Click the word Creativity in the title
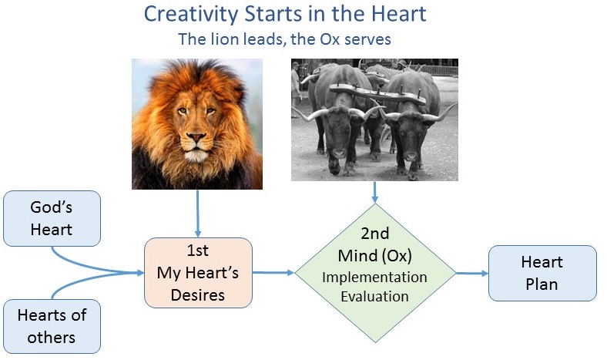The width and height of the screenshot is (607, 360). [x=192, y=15]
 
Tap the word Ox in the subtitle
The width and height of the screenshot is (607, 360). [x=330, y=39]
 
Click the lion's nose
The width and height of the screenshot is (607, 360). [x=196, y=137]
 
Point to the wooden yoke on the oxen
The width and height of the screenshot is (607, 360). [x=377, y=93]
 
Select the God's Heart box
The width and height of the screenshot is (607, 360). [x=52, y=219]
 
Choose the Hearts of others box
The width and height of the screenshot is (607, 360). [x=52, y=326]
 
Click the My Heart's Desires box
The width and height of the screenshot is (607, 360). [x=198, y=273]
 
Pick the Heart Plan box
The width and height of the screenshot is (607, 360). [x=542, y=273]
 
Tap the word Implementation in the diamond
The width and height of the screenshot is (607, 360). [x=374, y=278]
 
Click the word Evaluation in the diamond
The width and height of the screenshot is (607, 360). [x=374, y=297]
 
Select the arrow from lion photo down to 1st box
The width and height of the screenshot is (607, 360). [x=198, y=213]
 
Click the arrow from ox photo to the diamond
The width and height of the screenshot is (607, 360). [x=374, y=192]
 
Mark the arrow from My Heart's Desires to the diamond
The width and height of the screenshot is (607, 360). [x=273, y=273]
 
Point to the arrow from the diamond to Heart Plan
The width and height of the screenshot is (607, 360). [x=472, y=273]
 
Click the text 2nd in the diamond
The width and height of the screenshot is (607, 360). [x=374, y=234]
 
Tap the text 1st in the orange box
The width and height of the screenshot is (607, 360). [x=198, y=251]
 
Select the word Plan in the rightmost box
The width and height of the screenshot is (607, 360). [x=542, y=284]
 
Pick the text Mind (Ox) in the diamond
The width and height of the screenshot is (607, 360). [x=374, y=256]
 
